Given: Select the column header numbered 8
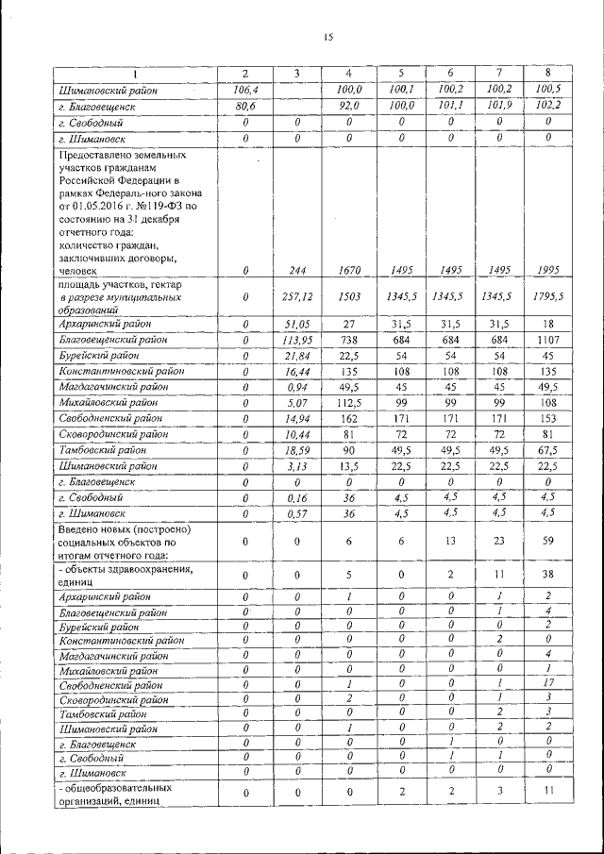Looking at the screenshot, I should [x=547, y=73].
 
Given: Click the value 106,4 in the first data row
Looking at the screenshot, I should [x=245, y=90].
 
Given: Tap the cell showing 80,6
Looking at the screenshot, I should [x=245, y=106].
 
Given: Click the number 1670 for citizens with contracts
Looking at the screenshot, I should [x=348, y=270].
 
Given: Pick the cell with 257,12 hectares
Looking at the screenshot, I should [x=296, y=296].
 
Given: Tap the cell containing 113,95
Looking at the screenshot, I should [x=296, y=340].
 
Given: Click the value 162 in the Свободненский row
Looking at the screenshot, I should [x=348, y=420].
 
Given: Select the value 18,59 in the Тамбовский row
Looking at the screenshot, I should [x=296, y=452].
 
